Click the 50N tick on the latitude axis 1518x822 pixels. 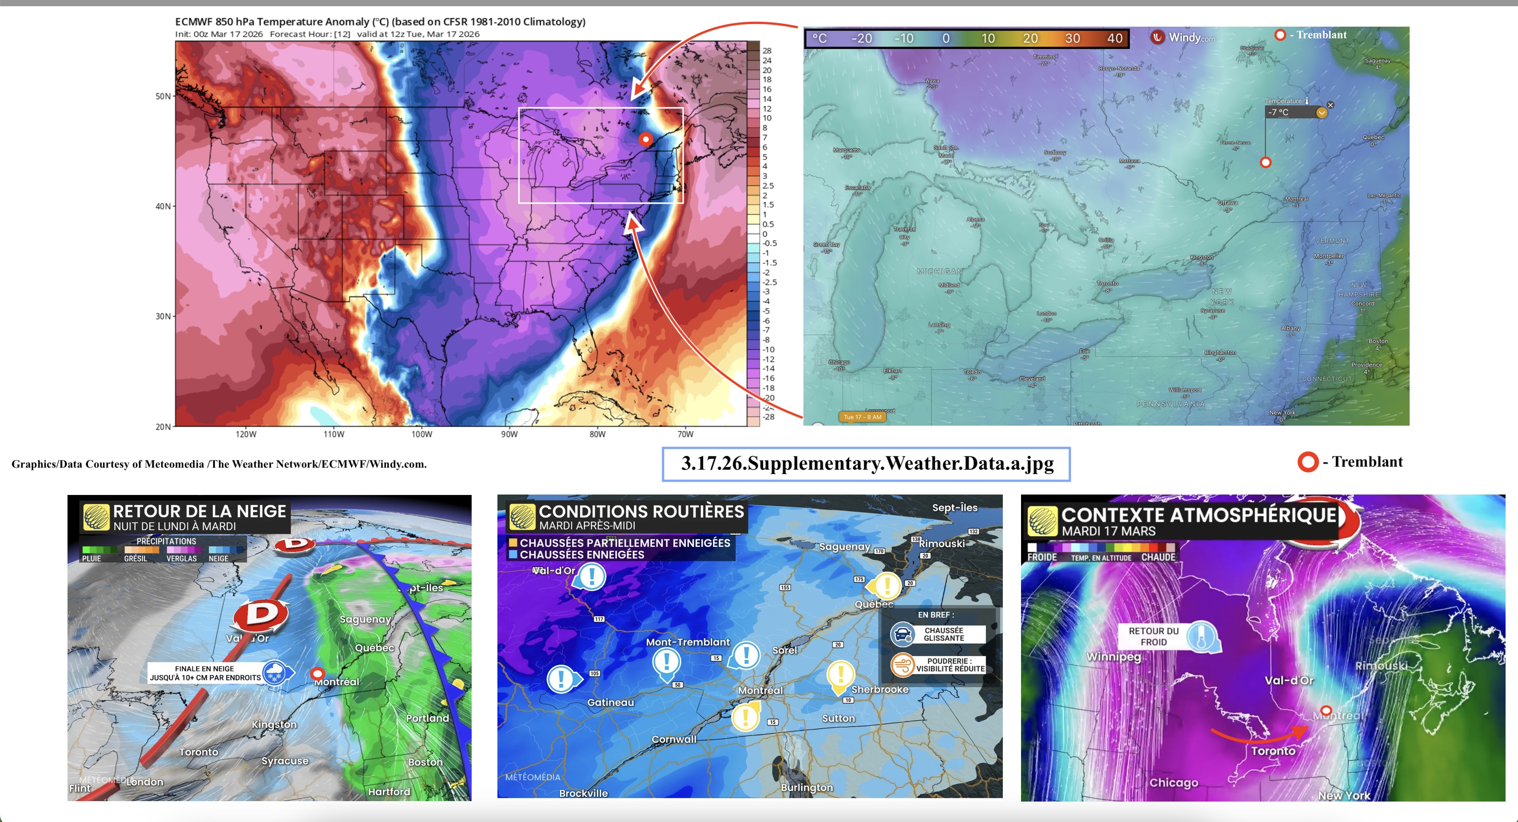[163, 96]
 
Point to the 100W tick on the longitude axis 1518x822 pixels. [421, 435]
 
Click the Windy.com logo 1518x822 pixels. [1183, 37]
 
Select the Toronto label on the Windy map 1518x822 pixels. [1107, 283]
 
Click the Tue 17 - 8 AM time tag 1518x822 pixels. [862, 417]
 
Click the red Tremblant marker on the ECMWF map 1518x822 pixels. [646, 139]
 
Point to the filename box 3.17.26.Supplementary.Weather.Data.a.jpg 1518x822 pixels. [866, 463]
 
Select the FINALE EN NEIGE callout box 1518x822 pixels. [205, 673]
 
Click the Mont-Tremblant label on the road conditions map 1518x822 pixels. [687, 642]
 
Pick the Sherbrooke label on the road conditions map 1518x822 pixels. [880, 689]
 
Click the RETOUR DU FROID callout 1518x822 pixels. [1153, 636]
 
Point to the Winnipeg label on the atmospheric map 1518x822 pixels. [1113, 657]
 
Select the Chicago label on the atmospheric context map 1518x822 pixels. [1173, 782]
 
